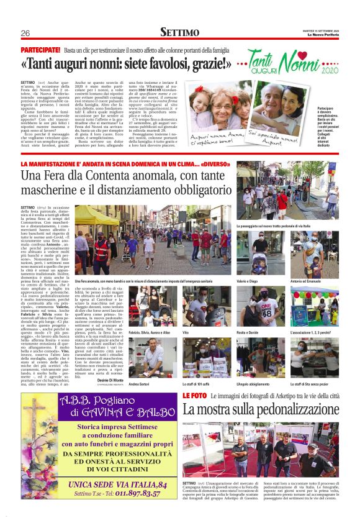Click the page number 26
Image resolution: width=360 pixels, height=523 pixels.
(x=25, y=33)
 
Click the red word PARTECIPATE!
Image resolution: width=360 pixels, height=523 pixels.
(x=40, y=49)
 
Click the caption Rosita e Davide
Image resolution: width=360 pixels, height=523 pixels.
(x=248, y=333)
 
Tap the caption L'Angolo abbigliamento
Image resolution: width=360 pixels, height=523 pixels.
(x=253, y=384)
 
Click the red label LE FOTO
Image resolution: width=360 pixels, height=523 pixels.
(x=194, y=396)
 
